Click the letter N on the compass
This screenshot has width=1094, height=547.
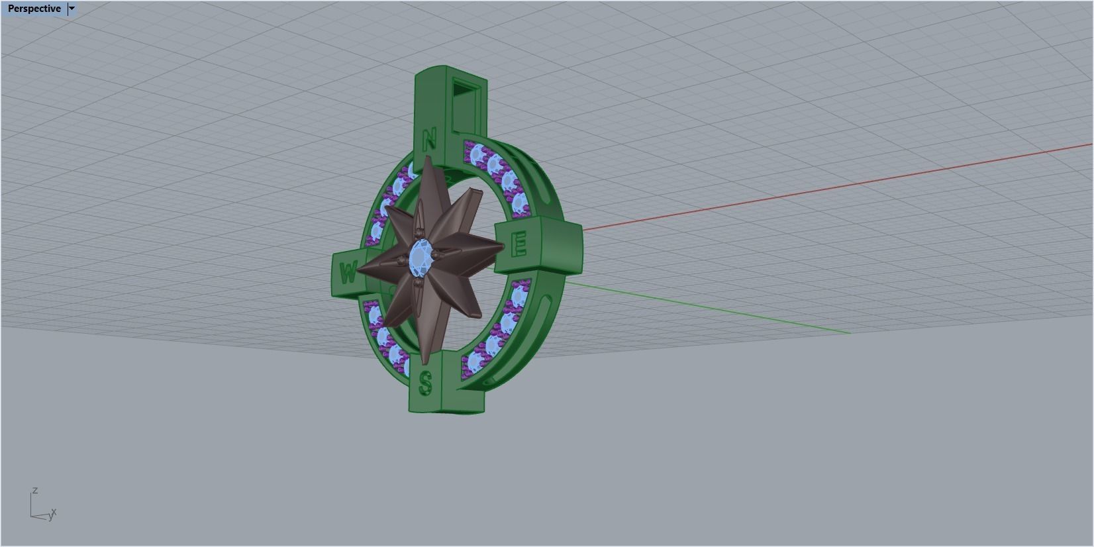click(x=429, y=140)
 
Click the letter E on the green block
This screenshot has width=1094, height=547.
click(x=520, y=244)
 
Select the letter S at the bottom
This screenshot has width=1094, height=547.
click(x=426, y=383)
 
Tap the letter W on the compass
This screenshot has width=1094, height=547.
click(x=348, y=272)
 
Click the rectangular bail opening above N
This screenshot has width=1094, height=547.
click(x=464, y=106)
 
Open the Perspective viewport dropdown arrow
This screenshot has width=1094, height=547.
click(x=72, y=9)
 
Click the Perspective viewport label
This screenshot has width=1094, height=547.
click(x=34, y=9)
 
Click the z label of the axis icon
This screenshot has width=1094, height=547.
click(x=34, y=491)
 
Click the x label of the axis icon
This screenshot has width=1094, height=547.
click(x=54, y=512)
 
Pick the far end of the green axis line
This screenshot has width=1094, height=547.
click(x=850, y=333)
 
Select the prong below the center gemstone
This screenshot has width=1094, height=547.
click(x=419, y=283)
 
